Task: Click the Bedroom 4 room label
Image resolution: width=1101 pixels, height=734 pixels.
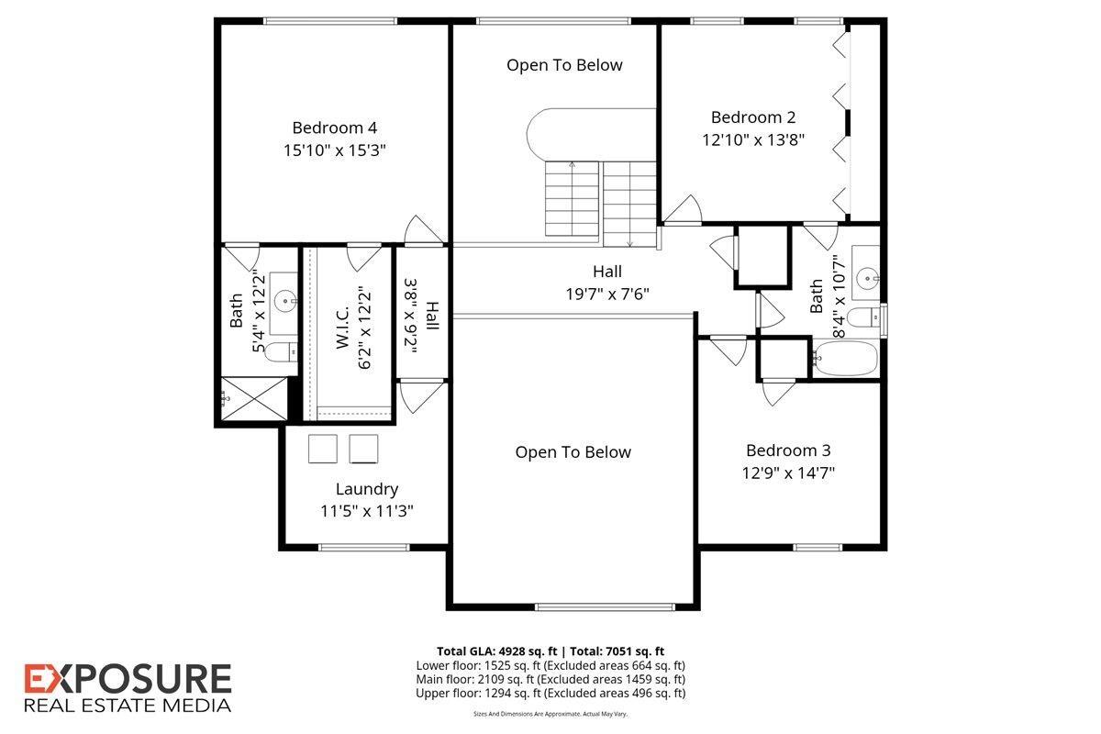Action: (x=334, y=128)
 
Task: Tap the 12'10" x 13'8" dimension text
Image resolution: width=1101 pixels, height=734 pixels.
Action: (x=753, y=140)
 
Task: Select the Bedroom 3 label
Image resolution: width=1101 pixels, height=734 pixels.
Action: (x=788, y=450)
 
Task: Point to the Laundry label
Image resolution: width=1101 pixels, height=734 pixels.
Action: (x=367, y=489)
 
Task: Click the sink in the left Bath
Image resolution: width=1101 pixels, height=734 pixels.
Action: (x=285, y=301)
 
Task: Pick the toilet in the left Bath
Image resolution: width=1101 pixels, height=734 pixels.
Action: (x=281, y=352)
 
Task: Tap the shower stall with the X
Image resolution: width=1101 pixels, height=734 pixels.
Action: (x=254, y=399)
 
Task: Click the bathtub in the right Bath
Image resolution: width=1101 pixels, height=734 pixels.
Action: (x=845, y=359)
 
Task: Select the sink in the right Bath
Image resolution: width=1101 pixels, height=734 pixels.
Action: (x=868, y=279)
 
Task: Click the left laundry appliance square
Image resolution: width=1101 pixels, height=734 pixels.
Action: (x=323, y=449)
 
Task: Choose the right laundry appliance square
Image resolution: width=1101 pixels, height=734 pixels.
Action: (x=363, y=449)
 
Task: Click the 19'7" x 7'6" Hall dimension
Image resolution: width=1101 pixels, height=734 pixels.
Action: (x=607, y=294)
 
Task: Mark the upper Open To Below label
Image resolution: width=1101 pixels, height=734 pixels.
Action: (x=564, y=65)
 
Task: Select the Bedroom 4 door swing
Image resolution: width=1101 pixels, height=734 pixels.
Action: (x=424, y=229)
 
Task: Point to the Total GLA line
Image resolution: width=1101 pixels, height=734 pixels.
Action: (x=550, y=651)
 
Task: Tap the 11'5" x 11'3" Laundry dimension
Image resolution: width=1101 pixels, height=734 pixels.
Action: (x=367, y=511)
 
